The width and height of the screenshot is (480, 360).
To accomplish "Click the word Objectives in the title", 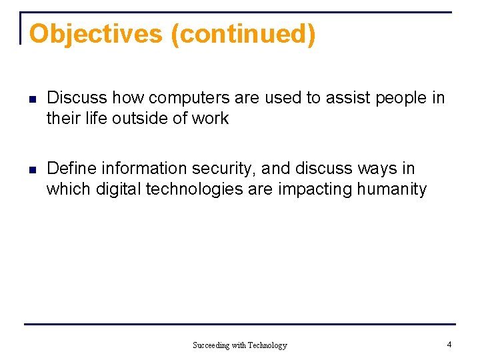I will (x=96, y=33).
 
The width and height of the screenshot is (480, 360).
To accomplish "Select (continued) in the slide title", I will (x=243, y=33).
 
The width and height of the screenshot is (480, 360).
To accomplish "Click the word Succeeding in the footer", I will (x=211, y=345).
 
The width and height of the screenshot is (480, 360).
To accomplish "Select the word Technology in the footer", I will (x=267, y=345).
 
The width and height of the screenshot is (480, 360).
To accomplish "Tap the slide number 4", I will (x=449, y=345).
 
